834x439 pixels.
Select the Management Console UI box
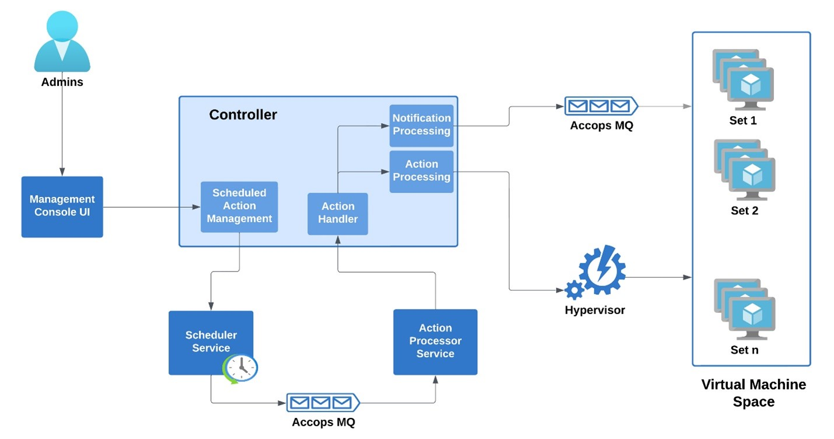[62, 207]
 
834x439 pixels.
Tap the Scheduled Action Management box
[239, 207]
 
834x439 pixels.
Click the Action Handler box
[338, 214]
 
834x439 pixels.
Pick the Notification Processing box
[421, 125]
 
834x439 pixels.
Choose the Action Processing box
[421, 171]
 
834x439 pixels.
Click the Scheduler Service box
[211, 342]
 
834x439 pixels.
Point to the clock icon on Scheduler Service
[240, 368]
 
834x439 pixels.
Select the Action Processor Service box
[435, 342]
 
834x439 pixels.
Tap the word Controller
[243, 115]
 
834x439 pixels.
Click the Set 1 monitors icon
[743, 80]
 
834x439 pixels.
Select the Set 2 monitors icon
[744, 170]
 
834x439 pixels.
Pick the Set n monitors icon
[744, 309]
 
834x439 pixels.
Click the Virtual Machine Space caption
[753, 393]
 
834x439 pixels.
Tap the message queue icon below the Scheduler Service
[323, 403]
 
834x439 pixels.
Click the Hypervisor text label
[594, 311]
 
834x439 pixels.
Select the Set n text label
[744, 350]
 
